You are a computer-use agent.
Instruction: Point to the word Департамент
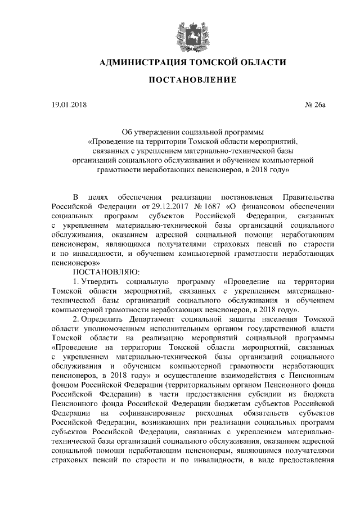(158, 318)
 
